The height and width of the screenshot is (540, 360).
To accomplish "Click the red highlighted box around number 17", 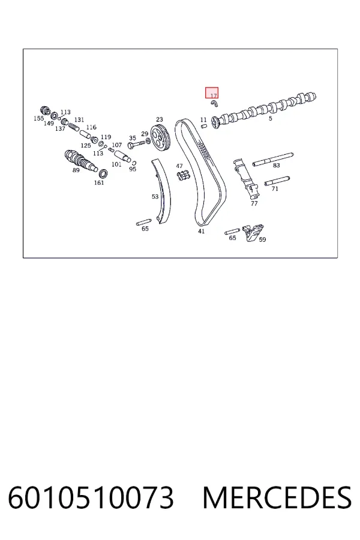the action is (x=212, y=93).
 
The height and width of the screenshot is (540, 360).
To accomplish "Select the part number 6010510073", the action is (x=91, y=498).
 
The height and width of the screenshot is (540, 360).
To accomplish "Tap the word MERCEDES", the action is (x=277, y=498).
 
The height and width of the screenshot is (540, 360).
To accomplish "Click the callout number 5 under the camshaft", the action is (x=271, y=118).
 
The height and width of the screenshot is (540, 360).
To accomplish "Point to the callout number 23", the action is (x=159, y=119).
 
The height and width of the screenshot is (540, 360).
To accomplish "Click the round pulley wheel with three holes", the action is (x=160, y=138).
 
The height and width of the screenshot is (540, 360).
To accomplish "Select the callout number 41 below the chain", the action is (x=201, y=231).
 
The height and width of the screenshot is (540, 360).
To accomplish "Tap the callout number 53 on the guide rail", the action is (x=155, y=197).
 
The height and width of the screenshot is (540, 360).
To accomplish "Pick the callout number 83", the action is (x=276, y=166).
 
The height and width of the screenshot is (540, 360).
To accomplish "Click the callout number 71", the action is (x=275, y=189).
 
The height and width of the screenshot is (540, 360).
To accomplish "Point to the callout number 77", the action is (x=254, y=203).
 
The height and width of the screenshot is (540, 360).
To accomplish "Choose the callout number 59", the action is (x=263, y=239).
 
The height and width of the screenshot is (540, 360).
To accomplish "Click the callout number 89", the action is (x=76, y=170).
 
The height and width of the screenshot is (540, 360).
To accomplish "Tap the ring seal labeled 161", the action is (x=103, y=173).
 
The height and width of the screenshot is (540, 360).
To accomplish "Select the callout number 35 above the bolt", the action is (x=133, y=138).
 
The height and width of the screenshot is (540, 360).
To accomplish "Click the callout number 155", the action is (x=38, y=118).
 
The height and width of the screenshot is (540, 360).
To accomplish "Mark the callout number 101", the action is (x=116, y=164).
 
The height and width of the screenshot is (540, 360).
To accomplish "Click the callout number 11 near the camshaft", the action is (x=203, y=120).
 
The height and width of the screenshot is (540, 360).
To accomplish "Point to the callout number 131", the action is (x=79, y=120).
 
